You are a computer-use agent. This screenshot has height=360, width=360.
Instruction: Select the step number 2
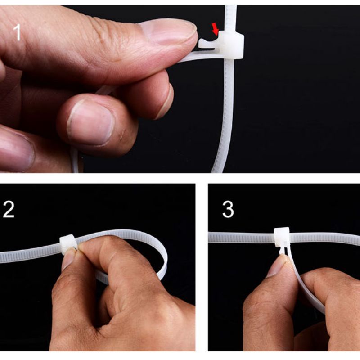point(8,210)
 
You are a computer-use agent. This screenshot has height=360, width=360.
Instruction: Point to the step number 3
point(228,210)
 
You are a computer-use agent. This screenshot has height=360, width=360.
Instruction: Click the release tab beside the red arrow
point(208,43)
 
